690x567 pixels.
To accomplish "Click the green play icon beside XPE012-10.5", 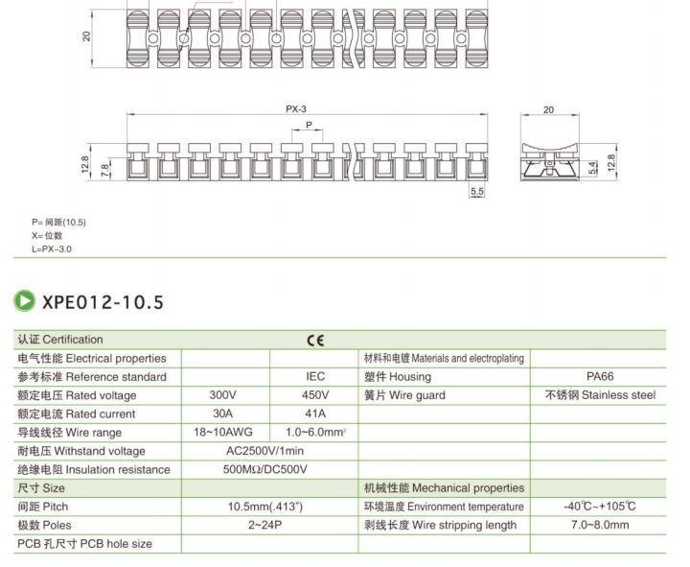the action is (x=24, y=301).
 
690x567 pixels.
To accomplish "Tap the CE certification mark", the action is (x=315, y=341).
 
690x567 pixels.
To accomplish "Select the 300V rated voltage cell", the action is (x=222, y=394).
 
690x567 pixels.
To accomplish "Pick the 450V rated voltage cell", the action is (x=315, y=394).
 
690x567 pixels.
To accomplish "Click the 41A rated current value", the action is (x=315, y=413).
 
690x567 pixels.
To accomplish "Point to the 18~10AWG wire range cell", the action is (x=223, y=432).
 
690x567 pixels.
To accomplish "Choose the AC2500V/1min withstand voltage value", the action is (x=264, y=451).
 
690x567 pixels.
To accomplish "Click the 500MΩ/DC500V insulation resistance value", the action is (x=264, y=469).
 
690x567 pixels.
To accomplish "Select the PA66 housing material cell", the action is (x=600, y=376).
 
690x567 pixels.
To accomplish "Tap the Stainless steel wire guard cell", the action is (x=600, y=394).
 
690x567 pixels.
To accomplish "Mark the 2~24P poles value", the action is (x=264, y=525).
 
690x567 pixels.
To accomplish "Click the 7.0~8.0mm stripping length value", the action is (x=600, y=525).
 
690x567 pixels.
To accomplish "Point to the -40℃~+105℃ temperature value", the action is (x=600, y=507).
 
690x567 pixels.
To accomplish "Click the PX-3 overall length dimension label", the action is (x=296, y=108).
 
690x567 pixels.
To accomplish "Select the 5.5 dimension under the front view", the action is (x=477, y=191).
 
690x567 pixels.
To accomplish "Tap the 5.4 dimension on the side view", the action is (x=592, y=168).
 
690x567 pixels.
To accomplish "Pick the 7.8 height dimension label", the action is (x=104, y=170).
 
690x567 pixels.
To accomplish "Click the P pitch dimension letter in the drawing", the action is (x=309, y=125).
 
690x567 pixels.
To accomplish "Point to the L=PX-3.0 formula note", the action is (x=52, y=248).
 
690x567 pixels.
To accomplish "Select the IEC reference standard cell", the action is (x=315, y=376).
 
